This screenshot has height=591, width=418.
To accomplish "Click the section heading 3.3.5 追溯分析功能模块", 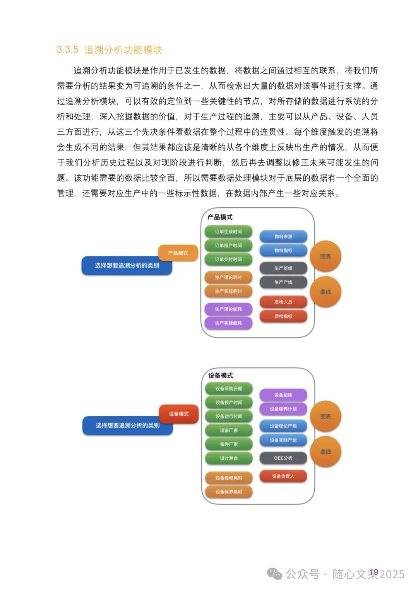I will [110, 50].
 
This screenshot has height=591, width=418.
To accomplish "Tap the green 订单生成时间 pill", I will [228, 231].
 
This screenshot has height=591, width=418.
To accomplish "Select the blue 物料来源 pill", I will [283, 236].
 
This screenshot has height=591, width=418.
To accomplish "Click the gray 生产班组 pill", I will [283, 268].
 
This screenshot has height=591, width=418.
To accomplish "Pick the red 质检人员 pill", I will [283, 302].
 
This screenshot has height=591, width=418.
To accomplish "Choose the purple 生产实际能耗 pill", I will [228, 323].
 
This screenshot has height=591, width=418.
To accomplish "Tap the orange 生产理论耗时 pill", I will [228, 277].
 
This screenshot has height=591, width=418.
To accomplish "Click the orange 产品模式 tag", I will [178, 253].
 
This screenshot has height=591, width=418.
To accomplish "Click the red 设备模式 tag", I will [179, 414].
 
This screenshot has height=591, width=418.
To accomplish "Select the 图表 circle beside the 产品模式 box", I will [325, 256].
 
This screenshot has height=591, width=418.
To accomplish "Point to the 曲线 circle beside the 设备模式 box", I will [325, 452].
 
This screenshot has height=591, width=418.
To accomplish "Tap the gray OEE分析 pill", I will [283, 458].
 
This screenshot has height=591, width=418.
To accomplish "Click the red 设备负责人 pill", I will [283, 476].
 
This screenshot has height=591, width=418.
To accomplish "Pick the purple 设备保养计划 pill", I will [283, 409].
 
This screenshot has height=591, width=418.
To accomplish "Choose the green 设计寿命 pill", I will [229, 458].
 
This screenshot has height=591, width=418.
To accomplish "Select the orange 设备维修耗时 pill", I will [229, 478].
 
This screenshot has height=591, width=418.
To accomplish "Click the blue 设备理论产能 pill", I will [283, 426].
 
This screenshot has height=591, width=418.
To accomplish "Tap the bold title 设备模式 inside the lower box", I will [221, 375].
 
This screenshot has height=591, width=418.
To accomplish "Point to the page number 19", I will [374, 572].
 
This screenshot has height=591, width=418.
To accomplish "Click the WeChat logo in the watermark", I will [275, 574].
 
